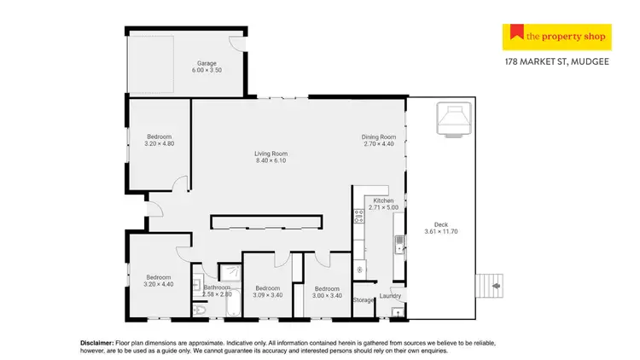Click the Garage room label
[x=207, y=63]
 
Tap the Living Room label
[x=269, y=154]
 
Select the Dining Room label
[x=379, y=136]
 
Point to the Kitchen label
[x=383, y=200]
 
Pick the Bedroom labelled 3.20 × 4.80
[x=160, y=136]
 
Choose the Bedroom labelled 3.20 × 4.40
[x=159, y=277]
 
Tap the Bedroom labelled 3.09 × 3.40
[x=268, y=288]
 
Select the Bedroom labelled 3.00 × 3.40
[x=328, y=288]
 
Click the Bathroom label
[x=217, y=287]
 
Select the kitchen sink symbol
[x=399, y=245]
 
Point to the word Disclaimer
[x=96, y=342]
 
